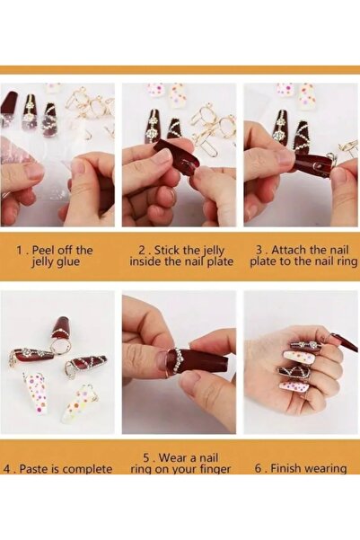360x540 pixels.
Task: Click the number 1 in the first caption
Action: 19,250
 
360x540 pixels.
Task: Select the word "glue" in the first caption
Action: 67,262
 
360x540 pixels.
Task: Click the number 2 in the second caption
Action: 142,250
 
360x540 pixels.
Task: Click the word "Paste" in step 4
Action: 33,469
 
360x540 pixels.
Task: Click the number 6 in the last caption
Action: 259,468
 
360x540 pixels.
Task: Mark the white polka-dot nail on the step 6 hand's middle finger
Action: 299,359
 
